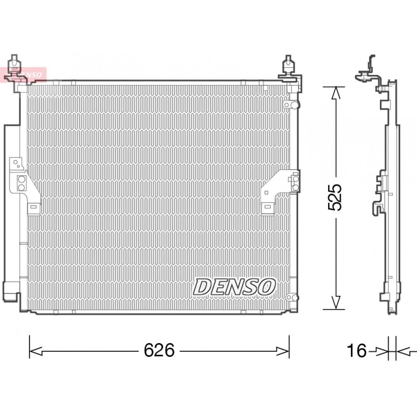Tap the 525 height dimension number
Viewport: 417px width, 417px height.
click(334, 197)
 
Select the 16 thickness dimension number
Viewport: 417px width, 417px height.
click(357, 350)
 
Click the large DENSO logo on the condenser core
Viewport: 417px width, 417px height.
click(234, 287)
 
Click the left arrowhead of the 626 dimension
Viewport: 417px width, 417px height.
click(36, 351)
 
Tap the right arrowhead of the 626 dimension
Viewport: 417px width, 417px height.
click(283, 351)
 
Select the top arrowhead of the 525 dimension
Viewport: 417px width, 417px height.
click(336, 93)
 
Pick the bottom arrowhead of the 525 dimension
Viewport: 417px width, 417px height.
click(336, 303)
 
